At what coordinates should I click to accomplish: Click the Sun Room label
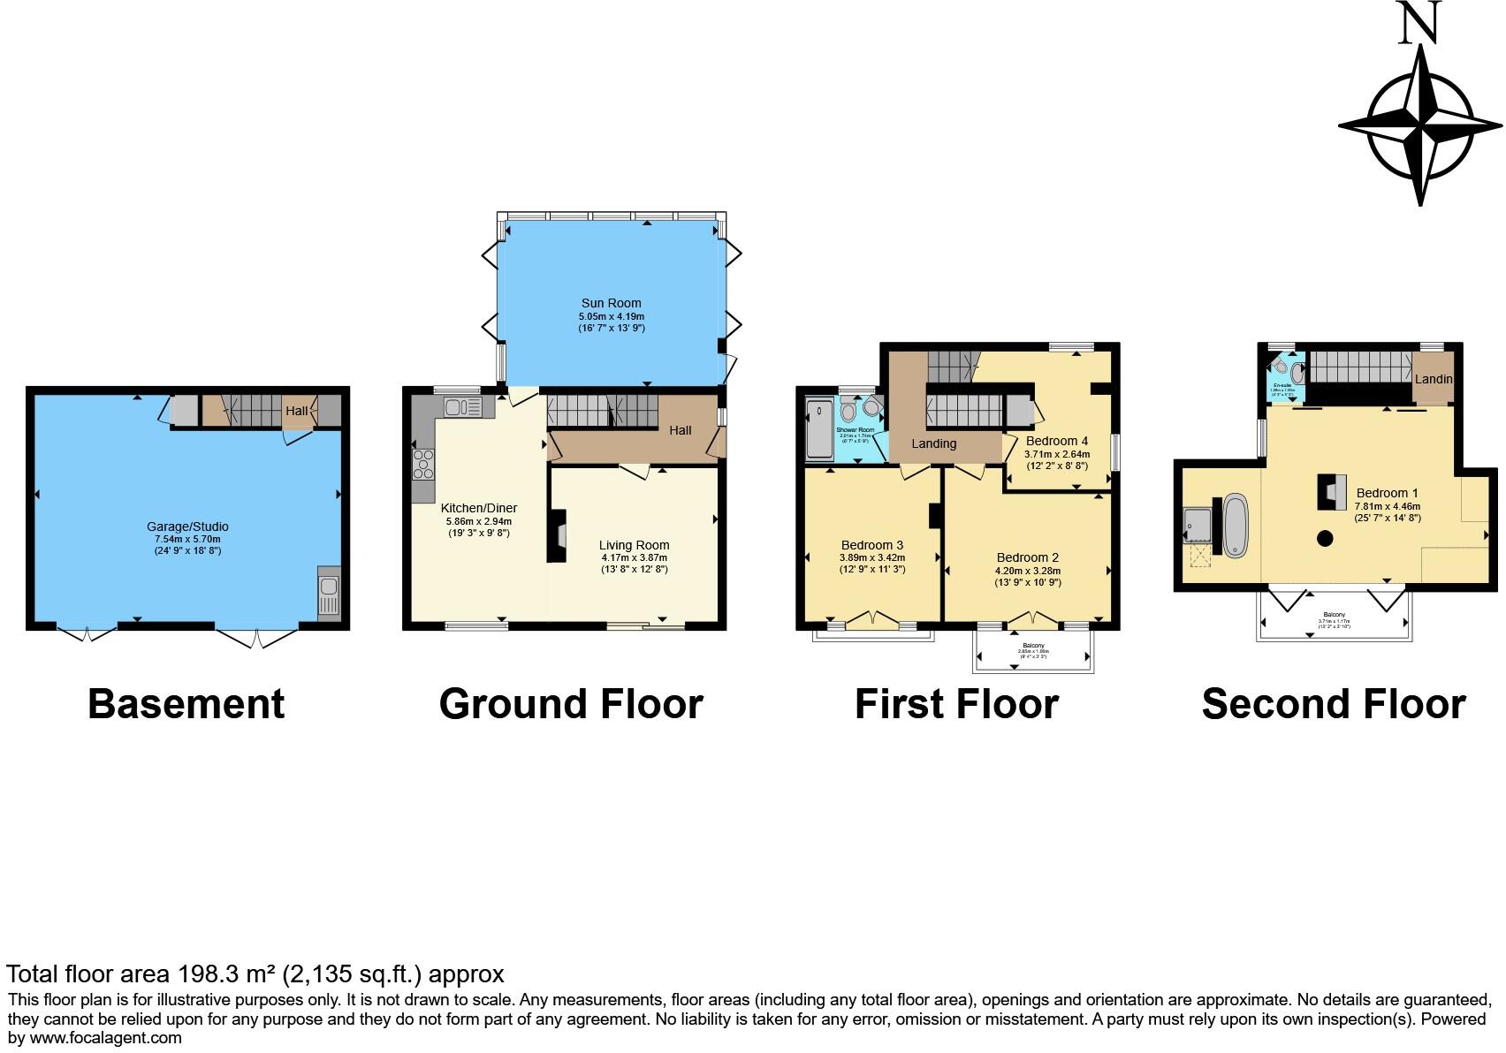click(611, 303)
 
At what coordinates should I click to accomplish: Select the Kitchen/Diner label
click(478, 508)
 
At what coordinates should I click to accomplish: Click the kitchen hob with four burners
click(423, 464)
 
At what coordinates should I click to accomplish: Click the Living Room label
click(634, 545)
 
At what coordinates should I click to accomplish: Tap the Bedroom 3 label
click(871, 545)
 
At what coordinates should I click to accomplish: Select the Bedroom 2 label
click(1027, 557)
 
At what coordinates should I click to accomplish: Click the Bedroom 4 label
click(1056, 441)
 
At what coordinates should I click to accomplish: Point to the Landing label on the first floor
click(933, 443)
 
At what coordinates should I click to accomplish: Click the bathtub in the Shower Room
click(818, 430)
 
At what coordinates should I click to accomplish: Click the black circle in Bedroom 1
click(1324, 538)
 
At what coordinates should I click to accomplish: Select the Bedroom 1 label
click(1387, 493)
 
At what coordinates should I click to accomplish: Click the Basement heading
click(186, 704)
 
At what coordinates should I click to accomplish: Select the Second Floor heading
click(1333, 704)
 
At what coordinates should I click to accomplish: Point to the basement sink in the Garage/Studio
click(328, 592)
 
